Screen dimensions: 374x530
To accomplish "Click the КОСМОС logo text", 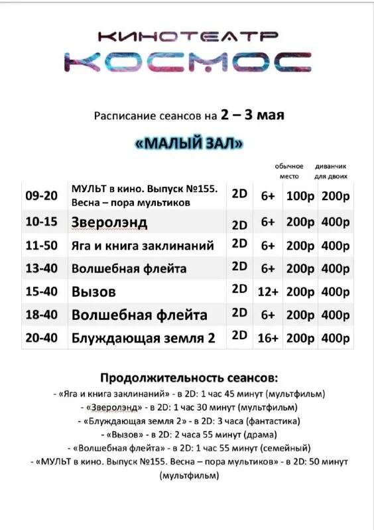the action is point(188,61).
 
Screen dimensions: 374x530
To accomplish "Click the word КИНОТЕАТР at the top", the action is point(188,36).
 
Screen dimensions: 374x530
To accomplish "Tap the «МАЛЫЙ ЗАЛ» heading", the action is point(188,143).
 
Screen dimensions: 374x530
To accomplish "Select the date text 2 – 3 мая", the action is point(253,115).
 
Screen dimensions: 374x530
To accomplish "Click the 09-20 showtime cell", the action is point(42,196).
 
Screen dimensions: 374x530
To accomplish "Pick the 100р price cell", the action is point(300,196).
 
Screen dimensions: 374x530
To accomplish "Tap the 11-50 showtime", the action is point(42,246).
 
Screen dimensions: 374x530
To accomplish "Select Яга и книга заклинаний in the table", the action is point(143,246).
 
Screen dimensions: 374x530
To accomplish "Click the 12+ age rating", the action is point(268,291).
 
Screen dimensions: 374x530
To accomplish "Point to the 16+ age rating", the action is point(268,338).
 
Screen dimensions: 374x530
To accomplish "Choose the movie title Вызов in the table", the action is point(93,291).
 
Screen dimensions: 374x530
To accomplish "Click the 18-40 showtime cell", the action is point(42,315).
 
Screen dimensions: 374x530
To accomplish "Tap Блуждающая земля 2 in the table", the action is point(143,338).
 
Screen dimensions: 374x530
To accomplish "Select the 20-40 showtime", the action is point(42,338).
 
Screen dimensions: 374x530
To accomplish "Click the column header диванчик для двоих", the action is point(336,171).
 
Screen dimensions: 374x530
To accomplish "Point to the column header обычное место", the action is point(289,171).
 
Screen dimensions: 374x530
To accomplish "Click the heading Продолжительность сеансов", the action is point(188,378).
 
